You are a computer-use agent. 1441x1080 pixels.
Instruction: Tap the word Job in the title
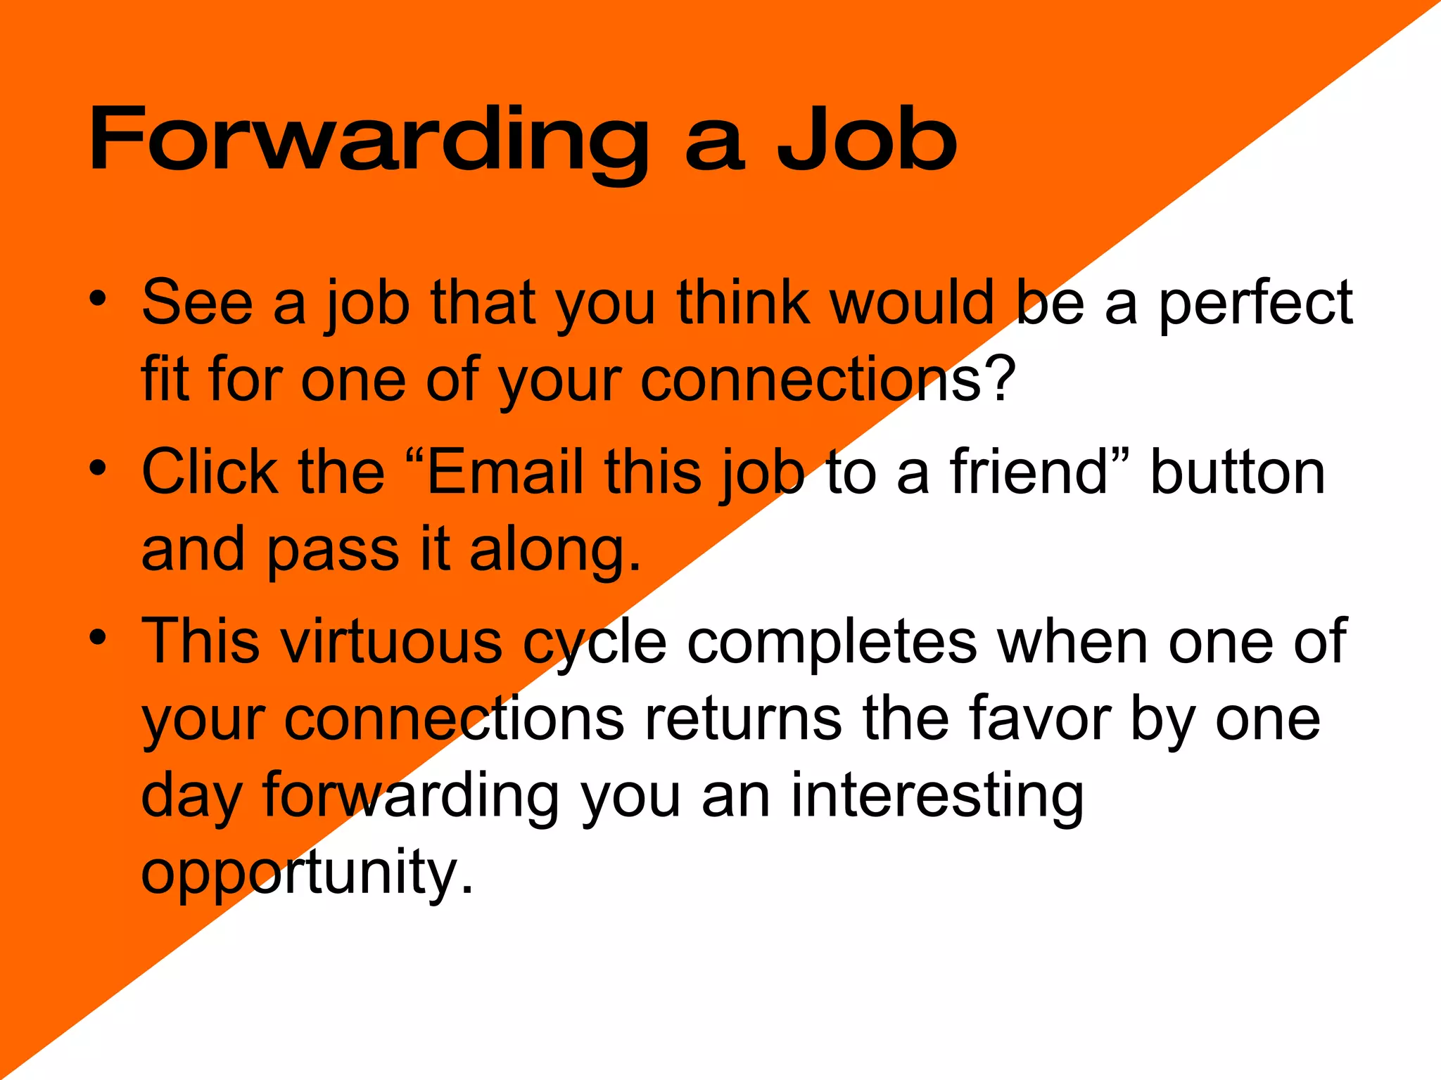866,139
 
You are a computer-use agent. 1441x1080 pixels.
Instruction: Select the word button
1238,472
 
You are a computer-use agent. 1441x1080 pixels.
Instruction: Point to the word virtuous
391,641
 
